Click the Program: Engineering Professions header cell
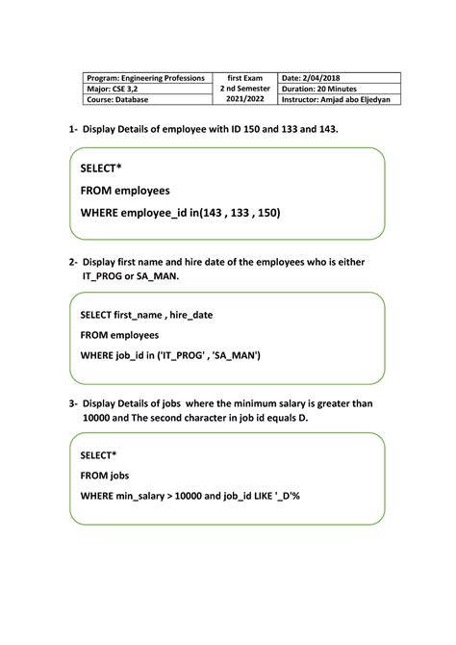tap(145, 77)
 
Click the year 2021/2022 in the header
tap(244, 100)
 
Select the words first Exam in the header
tap(244, 77)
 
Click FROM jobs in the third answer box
tap(105, 475)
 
